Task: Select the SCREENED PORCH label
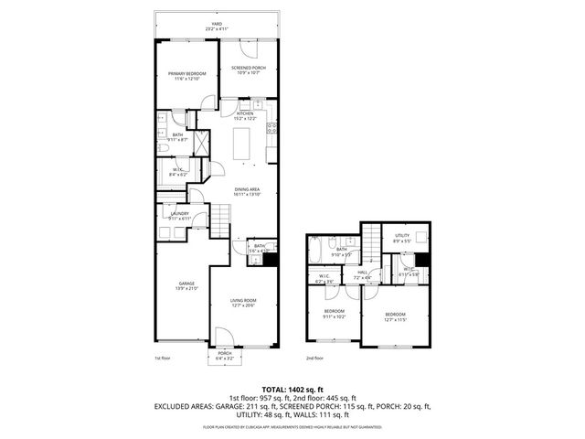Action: coord(247,70)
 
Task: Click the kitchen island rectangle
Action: coord(243,145)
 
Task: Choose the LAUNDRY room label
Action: coord(179,216)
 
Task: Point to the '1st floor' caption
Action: coord(163,358)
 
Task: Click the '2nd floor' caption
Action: coord(315,358)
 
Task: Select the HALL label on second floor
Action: coord(362,273)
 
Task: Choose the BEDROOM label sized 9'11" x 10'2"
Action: coord(335,314)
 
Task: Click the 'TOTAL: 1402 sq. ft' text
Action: coord(292,389)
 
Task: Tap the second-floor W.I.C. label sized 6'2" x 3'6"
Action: coord(324,279)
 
